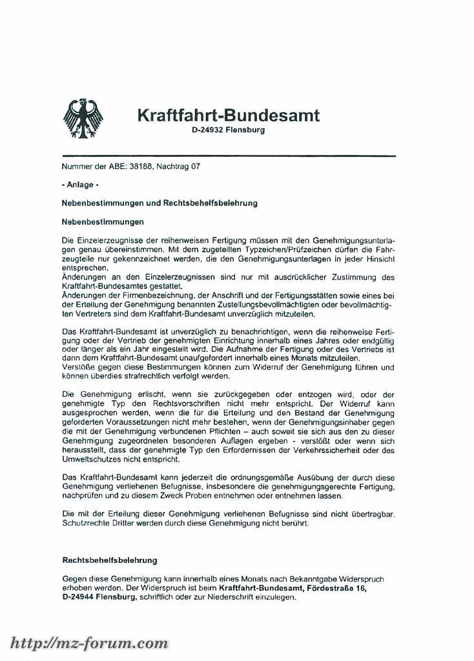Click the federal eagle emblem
point(83,119)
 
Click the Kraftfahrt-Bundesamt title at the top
point(228,116)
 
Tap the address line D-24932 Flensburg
point(228,130)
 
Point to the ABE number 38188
point(141,167)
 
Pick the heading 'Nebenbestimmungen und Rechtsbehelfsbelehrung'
point(160,203)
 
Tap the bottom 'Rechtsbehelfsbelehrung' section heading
point(109,560)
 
